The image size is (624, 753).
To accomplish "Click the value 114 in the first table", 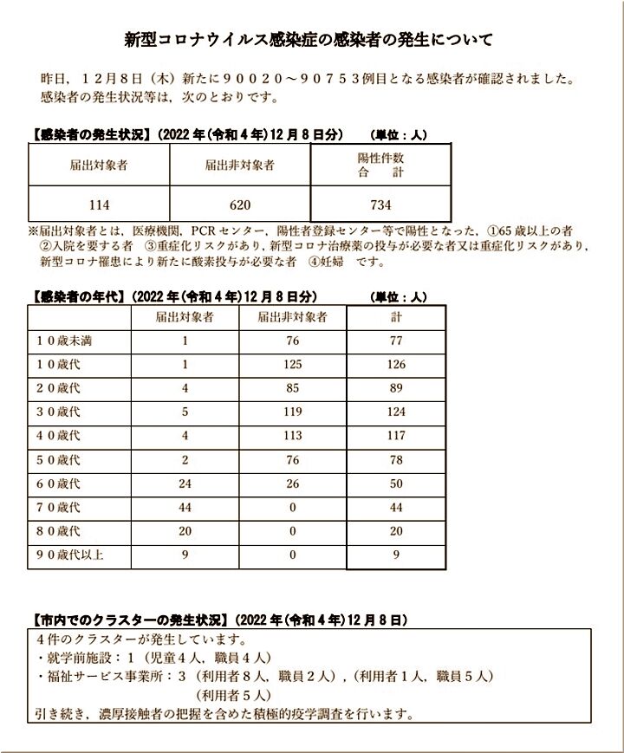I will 99,204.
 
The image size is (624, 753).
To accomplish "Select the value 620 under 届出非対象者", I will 240,204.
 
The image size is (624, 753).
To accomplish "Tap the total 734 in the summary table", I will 380,204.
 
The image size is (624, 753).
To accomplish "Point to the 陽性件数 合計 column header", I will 380,165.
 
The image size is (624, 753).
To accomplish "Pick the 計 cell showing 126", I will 396,365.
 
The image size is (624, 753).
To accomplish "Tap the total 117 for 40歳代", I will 396,436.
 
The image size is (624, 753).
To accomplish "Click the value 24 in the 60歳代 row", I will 185,484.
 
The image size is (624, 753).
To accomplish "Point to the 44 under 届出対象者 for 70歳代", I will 185,508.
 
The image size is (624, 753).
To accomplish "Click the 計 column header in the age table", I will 396,317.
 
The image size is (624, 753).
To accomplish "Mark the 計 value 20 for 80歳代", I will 396,531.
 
